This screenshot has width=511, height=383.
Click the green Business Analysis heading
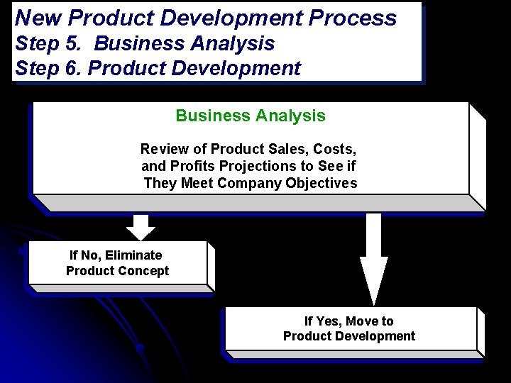pos(251,116)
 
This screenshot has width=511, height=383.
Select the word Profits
pos(191,166)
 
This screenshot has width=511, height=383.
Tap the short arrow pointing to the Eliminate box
pos(141,227)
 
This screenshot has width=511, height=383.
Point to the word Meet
pos(197,183)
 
